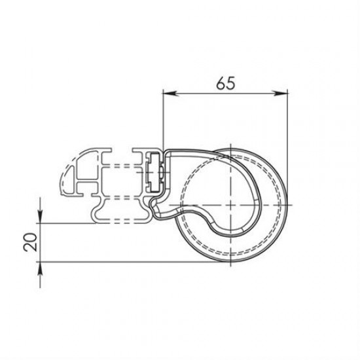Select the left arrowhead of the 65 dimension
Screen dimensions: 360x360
[168, 94]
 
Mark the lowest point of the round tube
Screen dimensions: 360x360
[232, 263]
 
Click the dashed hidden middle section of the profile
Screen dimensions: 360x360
[121, 177]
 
